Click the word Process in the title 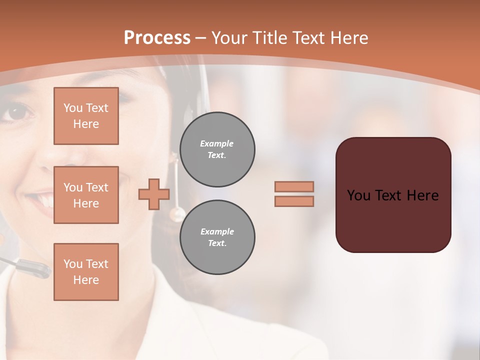[157, 38]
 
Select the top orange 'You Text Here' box [86, 116]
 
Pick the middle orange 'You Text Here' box [86, 195]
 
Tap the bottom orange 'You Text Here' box [86, 272]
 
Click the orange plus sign [154, 194]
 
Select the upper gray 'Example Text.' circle [217, 149]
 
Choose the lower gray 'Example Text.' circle [217, 237]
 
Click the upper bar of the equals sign [294, 186]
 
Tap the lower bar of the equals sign [294, 201]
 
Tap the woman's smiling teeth [46, 201]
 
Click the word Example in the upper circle [217, 143]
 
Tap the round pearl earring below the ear [176, 214]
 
